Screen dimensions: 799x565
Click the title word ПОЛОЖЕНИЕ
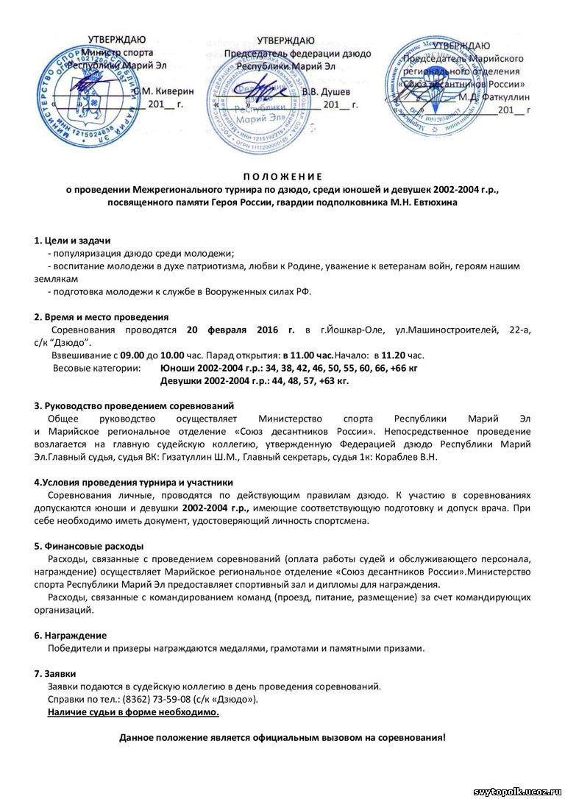282,177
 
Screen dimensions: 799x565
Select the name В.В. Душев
327,91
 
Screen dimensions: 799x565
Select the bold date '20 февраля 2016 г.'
241,330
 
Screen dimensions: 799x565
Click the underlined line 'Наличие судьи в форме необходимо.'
133,711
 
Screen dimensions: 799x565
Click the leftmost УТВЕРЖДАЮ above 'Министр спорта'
117,40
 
